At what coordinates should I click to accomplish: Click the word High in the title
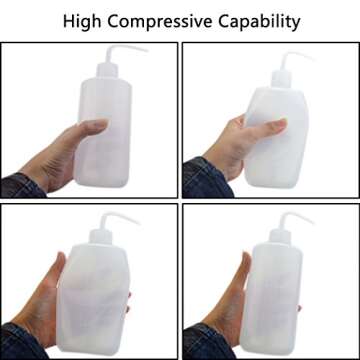[x=83, y=22]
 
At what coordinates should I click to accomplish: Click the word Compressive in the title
[x=160, y=22]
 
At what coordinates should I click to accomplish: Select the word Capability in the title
[x=259, y=22]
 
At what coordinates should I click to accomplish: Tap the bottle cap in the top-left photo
[x=107, y=71]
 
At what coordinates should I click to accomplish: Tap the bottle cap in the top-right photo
[x=281, y=79]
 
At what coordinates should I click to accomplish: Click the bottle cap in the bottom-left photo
[x=101, y=237]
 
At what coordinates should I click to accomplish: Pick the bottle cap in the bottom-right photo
[x=280, y=237]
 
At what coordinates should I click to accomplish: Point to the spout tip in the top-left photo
[x=146, y=51]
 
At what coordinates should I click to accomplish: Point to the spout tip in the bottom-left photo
[x=138, y=223]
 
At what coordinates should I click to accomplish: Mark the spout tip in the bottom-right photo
[x=312, y=223]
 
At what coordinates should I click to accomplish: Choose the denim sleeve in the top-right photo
[x=207, y=180]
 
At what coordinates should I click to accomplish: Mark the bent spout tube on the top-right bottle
[x=293, y=58]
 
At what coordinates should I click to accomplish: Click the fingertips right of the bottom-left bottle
[x=129, y=303]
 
